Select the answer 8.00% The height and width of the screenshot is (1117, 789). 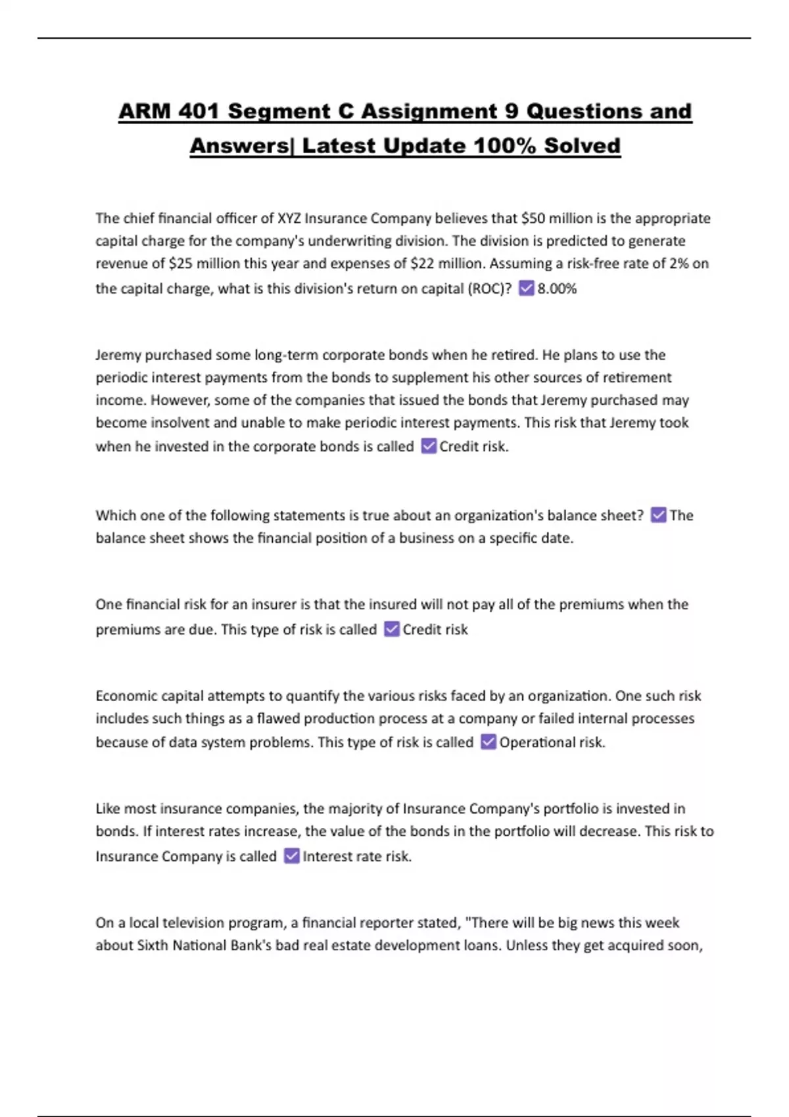(557, 288)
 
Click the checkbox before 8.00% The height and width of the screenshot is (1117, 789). (526, 288)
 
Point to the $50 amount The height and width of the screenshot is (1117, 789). (533, 218)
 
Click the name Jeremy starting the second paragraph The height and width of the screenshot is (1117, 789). (118, 355)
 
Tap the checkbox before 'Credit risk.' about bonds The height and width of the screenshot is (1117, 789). (429, 446)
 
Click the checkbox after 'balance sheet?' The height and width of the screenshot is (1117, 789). (658, 515)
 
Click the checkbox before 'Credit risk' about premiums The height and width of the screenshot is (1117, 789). (392, 629)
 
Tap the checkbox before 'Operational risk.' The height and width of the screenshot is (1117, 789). (488, 742)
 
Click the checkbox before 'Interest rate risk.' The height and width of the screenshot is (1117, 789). (291, 856)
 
